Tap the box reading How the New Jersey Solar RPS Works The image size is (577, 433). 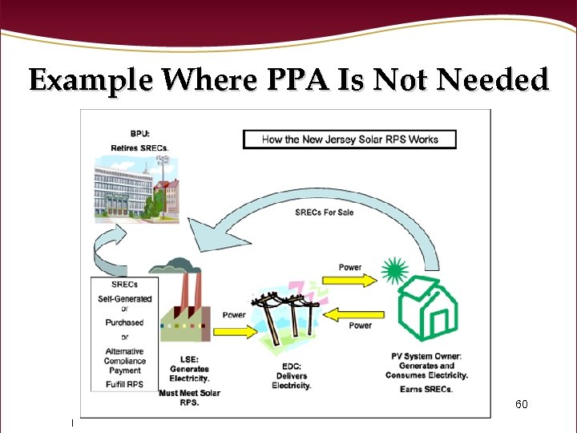pos(349,139)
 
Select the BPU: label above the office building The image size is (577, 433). pos(128,136)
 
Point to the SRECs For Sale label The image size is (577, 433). pos(324,212)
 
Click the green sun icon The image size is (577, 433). pos(393,271)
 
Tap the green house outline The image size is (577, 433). pos(429,310)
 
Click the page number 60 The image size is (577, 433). pos(521,404)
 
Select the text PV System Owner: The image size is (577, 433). pos(428,356)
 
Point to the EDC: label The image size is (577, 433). pos(288,357)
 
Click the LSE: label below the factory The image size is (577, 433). pos(189,359)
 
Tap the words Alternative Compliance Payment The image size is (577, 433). pos(124,361)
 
